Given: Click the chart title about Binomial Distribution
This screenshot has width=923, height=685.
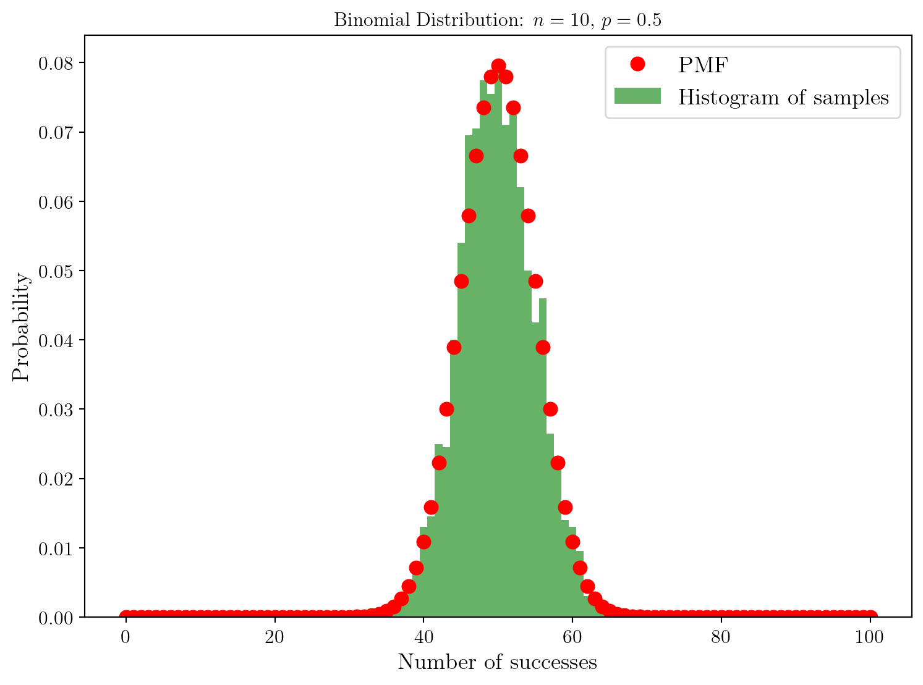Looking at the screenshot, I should point(498,20).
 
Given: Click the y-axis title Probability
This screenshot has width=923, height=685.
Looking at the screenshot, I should point(21,326).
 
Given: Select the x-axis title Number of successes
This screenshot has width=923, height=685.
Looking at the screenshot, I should point(498,662).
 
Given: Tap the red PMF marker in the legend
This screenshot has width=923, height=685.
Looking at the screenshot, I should point(637,64).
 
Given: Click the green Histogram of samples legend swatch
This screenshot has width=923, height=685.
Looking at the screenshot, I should point(637,96).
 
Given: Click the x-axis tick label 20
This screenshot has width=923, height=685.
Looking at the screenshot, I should point(274,637).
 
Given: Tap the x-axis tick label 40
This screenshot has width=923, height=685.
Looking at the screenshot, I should point(423,637).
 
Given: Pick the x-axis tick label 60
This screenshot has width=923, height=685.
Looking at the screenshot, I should point(572,637).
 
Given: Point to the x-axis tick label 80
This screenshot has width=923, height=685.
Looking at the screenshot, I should point(721,637).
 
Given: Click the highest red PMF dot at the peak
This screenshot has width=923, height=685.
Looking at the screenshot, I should point(498,65).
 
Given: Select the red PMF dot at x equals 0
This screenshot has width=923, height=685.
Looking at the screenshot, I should point(125,617).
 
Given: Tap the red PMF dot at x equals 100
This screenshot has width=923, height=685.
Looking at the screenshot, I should point(870,617).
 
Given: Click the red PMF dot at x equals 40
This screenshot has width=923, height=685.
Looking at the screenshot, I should point(423,542).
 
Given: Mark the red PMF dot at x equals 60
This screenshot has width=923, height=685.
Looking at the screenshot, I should point(572,542).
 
